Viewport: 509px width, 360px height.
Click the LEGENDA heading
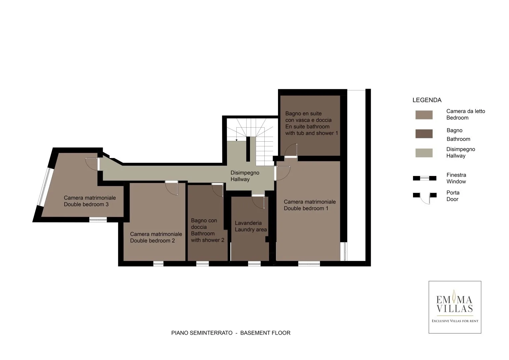[427, 100]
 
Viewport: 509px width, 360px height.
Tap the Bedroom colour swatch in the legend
[424, 115]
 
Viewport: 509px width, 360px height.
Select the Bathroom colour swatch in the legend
[424, 134]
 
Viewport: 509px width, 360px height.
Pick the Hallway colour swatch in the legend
[424, 153]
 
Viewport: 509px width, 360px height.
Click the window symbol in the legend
[424, 178]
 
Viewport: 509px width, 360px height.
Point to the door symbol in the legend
[424, 198]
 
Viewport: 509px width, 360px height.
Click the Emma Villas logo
[455, 307]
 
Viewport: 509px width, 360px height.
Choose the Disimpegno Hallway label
[245, 176]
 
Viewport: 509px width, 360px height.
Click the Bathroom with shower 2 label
[207, 230]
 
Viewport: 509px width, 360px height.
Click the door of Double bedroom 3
[92, 164]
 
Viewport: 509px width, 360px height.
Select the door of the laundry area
[258, 202]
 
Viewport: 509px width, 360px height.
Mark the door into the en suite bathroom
[291, 150]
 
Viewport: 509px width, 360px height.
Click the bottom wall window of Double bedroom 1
[309, 264]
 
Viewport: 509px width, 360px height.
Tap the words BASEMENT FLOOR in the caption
[265, 333]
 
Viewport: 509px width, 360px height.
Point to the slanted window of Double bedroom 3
[44, 187]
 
